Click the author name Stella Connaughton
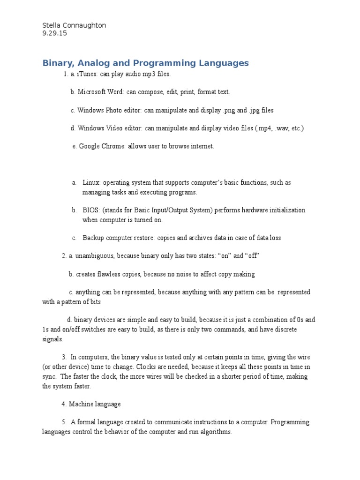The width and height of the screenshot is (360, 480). [74, 25]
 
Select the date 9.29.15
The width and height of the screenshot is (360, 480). [55, 33]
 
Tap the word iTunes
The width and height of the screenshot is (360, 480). [87, 75]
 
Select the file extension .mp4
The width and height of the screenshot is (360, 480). [264, 128]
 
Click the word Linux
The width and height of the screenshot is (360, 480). [91, 182]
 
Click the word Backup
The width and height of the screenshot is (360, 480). [94, 238]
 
